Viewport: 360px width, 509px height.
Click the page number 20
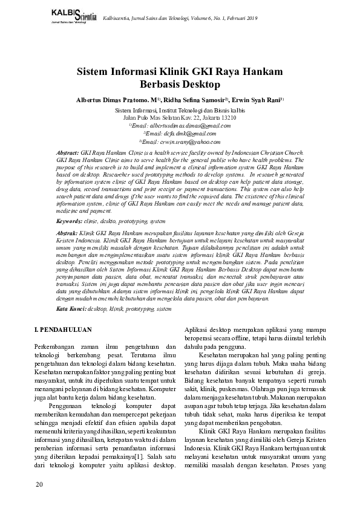pyautogui.click(x=39, y=485)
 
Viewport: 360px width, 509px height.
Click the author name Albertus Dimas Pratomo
pyautogui.click(x=115, y=99)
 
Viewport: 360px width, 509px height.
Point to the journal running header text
pyautogui.click(x=180, y=19)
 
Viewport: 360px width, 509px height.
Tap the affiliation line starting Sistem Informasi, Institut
pyautogui.click(x=180, y=111)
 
